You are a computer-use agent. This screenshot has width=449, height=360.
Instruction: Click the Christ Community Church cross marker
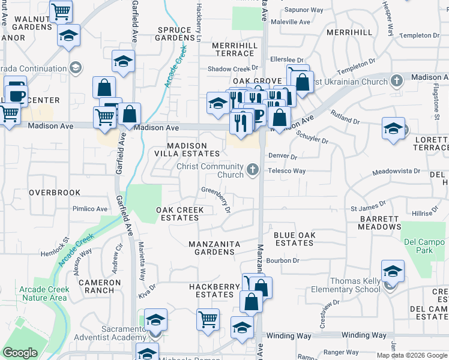pyautogui.click(x=253, y=171)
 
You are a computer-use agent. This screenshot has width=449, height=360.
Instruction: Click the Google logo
pyautogui.click(x=20, y=353)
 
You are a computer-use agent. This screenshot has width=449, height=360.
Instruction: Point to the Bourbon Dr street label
pyautogui.click(x=283, y=260)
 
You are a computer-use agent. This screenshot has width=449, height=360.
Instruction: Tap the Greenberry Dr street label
pyautogui.click(x=217, y=198)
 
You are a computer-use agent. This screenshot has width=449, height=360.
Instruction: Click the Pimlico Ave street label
pyautogui.click(x=90, y=209)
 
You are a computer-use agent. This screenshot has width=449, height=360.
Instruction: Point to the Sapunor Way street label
pyautogui.click(x=304, y=10)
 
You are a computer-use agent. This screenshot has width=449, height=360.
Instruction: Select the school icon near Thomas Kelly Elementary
pyautogui.click(x=393, y=272)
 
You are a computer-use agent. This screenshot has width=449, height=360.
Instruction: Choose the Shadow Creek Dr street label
pyautogui.click(x=232, y=69)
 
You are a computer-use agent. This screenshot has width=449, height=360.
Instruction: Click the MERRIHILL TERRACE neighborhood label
pyautogui.click(x=236, y=49)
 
